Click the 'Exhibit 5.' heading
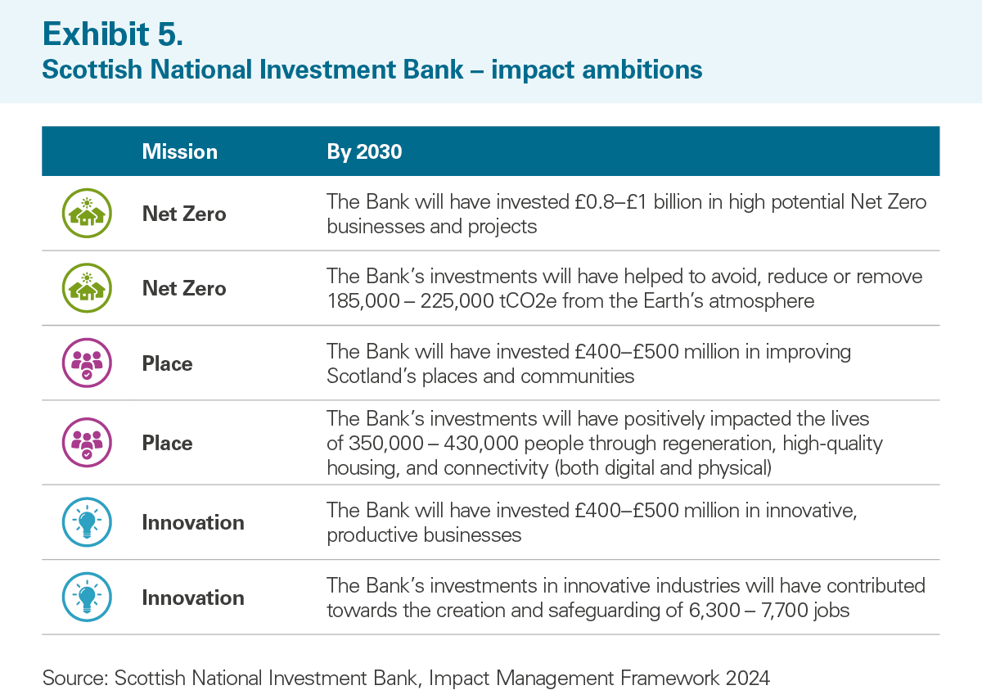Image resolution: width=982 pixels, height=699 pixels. point(113,34)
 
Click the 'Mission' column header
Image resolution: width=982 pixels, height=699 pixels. point(180,151)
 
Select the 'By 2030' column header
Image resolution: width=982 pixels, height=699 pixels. point(364,152)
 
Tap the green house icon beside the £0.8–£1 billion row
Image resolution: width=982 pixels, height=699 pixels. point(87,213)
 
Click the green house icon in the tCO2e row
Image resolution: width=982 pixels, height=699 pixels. point(87,287)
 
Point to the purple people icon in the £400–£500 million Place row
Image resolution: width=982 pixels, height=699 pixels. point(87,363)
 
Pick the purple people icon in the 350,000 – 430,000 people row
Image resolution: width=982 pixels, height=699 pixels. point(87,442)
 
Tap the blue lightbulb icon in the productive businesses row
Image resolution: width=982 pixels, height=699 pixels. point(87,522)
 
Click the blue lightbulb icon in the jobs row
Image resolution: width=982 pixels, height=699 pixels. point(87,597)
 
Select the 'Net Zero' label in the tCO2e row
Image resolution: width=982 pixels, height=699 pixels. point(184,289)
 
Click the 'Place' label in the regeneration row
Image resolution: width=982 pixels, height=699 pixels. point(168,443)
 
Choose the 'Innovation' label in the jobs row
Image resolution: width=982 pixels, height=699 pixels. point(193,598)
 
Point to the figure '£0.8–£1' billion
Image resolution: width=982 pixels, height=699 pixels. point(610,202)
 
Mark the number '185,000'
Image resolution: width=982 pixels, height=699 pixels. point(363,301)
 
